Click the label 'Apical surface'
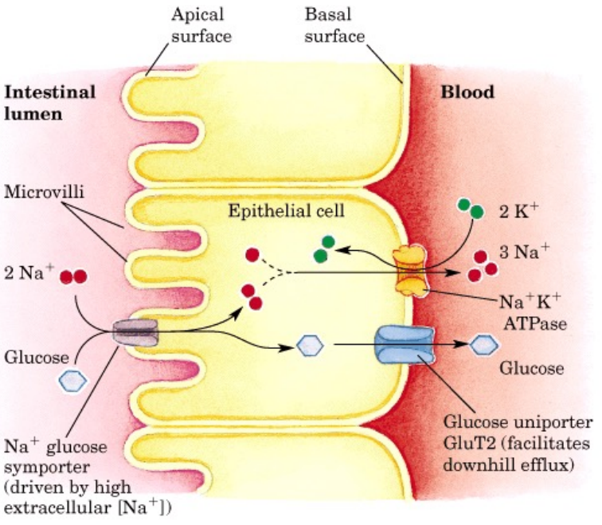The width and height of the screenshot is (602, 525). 198,25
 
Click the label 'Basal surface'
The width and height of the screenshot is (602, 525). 335,25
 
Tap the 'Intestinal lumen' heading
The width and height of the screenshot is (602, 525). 50,102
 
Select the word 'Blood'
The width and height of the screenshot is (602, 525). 467,92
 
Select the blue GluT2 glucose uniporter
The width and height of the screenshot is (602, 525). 402,345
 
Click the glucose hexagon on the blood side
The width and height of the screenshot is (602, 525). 483,344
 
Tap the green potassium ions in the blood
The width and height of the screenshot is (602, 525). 471,209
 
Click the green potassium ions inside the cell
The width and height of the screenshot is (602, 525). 324,249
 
